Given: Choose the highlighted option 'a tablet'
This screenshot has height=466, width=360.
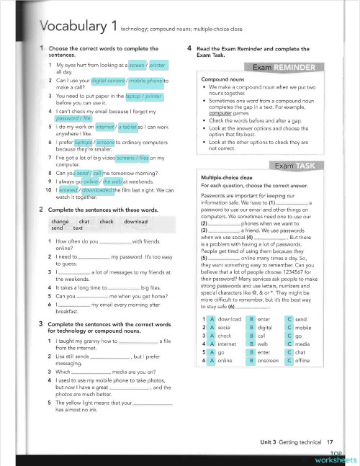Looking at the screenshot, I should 128,126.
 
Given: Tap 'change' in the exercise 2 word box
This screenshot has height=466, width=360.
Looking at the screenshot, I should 60,221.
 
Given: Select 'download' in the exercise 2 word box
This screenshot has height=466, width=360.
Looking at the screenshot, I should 135,221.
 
